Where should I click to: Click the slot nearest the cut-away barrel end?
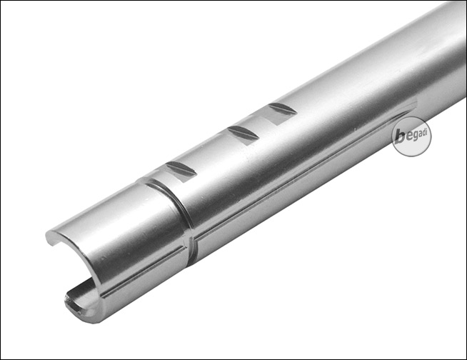click(x=181, y=172)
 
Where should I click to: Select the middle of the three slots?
click(x=243, y=135)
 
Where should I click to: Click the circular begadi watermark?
click(x=411, y=137)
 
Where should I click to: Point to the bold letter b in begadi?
click(x=400, y=137)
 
